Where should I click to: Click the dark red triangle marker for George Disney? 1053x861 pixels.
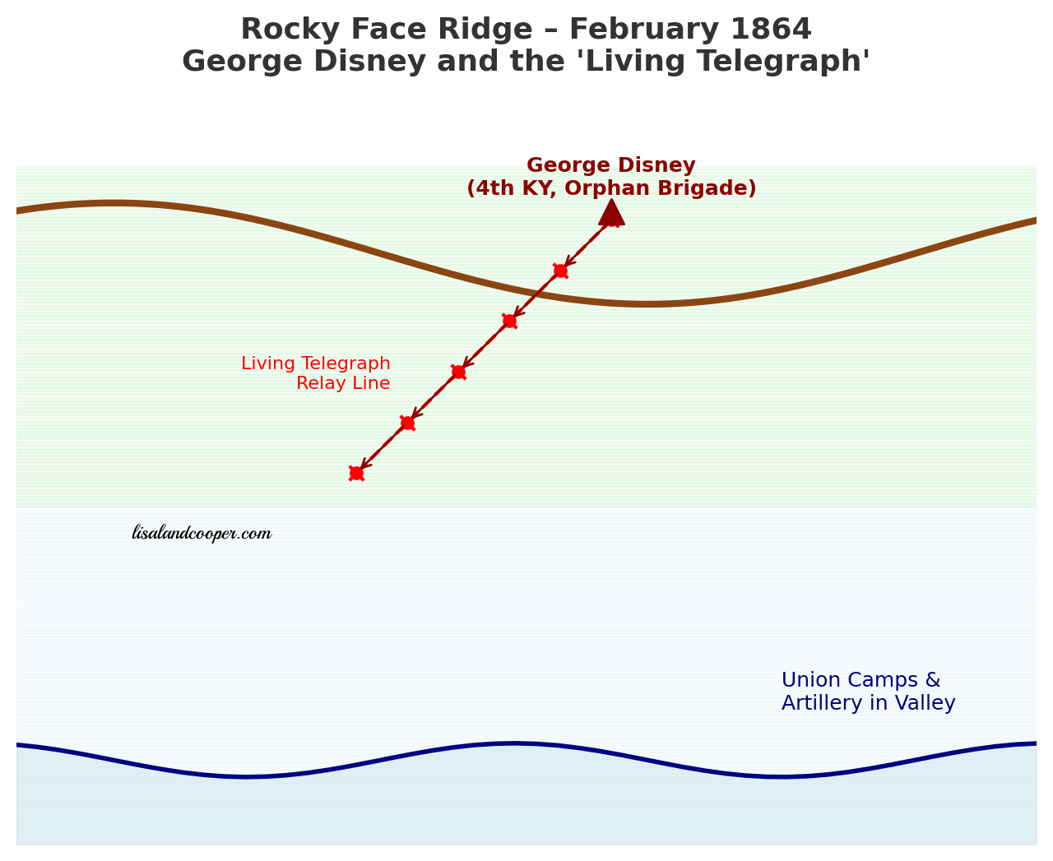point(611,213)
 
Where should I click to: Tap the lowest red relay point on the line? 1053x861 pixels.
point(356,473)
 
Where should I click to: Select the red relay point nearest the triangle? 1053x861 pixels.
point(560,271)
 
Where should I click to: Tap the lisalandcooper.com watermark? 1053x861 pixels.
point(202,534)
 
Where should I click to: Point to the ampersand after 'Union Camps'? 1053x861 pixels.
point(932,680)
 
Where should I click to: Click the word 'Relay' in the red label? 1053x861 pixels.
point(318,383)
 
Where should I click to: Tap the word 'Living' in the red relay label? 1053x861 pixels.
point(267,363)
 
